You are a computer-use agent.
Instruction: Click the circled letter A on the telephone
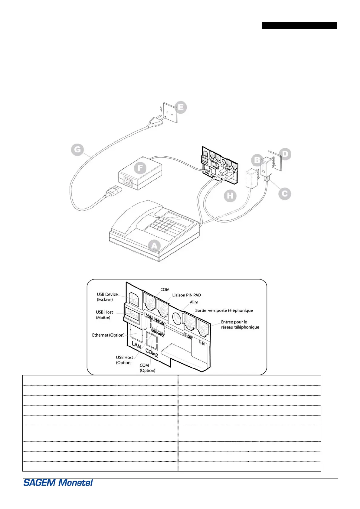155,246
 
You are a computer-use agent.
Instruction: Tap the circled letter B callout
257,160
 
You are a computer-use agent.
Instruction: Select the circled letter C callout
285,194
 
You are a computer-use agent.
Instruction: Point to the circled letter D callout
285,154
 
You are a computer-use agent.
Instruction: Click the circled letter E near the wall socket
181,107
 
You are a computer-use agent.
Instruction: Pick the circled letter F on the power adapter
140,168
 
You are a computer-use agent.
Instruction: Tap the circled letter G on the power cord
77,150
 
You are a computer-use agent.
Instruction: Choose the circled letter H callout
230,196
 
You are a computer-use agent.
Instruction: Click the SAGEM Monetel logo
58,482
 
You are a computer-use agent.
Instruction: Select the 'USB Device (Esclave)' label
107,297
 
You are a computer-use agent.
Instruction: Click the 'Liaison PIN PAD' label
186,295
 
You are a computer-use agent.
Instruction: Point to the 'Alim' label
194,302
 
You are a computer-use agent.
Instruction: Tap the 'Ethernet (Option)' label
108,335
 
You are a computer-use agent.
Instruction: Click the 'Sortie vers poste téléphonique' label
224,310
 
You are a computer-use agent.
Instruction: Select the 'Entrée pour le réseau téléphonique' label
240,324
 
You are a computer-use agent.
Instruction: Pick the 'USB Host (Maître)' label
104,315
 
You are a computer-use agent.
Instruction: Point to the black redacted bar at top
299,25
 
